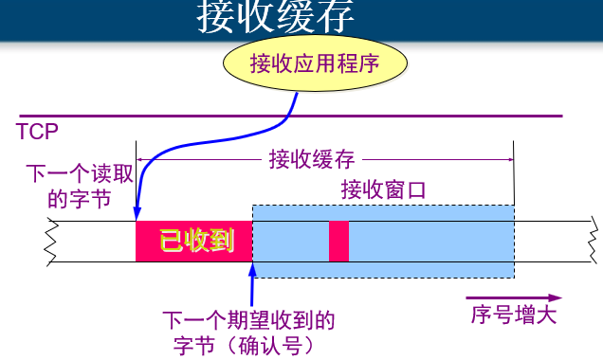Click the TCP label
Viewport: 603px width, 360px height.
click(37, 131)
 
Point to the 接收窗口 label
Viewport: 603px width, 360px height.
click(383, 189)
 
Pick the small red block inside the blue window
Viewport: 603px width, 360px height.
click(338, 241)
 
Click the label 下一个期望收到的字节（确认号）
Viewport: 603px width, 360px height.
click(248, 333)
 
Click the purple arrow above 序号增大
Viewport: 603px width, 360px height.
click(512, 297)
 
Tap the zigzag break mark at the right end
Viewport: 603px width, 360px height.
click(594, 241)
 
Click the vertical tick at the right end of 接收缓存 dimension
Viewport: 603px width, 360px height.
click(514, 160)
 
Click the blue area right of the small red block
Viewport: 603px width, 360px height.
click(427, 241)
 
